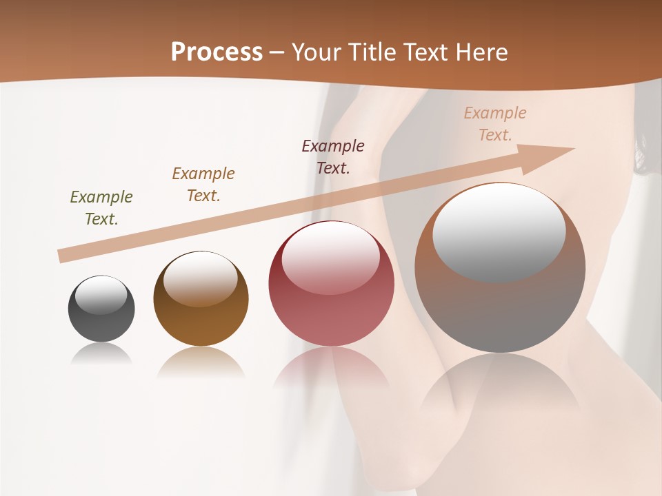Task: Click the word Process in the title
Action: [217, 52]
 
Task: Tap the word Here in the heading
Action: [481, 52]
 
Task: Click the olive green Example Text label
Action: [101, 208]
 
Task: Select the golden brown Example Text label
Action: [203, 185]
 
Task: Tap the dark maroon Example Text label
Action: [333, 156]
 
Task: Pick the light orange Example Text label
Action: [495, 124]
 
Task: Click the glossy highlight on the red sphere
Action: [331, 256]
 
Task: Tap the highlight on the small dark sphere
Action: [101, 296]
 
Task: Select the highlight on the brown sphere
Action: [201, 278]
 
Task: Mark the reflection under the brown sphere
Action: [201, 362]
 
